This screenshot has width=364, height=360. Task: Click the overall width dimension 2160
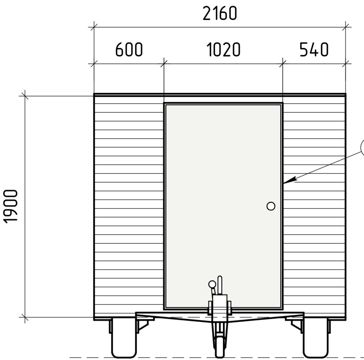(220, 13)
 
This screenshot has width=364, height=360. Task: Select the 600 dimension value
(129, 50)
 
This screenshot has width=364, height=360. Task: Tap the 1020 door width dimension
(223, 50)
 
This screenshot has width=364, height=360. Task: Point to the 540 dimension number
(314, 50)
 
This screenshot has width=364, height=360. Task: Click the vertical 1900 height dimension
(10, 206)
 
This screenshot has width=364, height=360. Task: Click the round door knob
(271, 206)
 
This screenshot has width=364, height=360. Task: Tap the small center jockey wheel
(220, 347)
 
